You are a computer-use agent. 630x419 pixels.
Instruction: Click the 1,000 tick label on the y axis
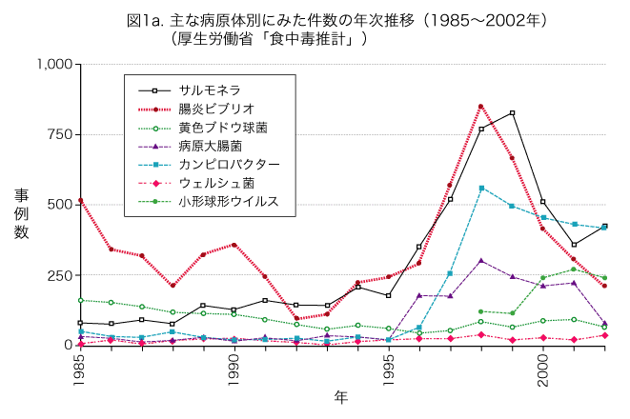click(53, 65)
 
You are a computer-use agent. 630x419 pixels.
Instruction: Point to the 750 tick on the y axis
click(60, 134)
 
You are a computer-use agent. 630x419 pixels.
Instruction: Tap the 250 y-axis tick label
click(60, 274)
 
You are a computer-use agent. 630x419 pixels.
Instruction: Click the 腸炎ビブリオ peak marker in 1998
click(481, 107)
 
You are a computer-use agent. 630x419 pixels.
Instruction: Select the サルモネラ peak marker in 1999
click(512, 113)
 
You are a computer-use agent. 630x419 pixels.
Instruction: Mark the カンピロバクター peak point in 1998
click(481, 188)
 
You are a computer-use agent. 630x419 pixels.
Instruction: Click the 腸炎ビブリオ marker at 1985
click(79, 201)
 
